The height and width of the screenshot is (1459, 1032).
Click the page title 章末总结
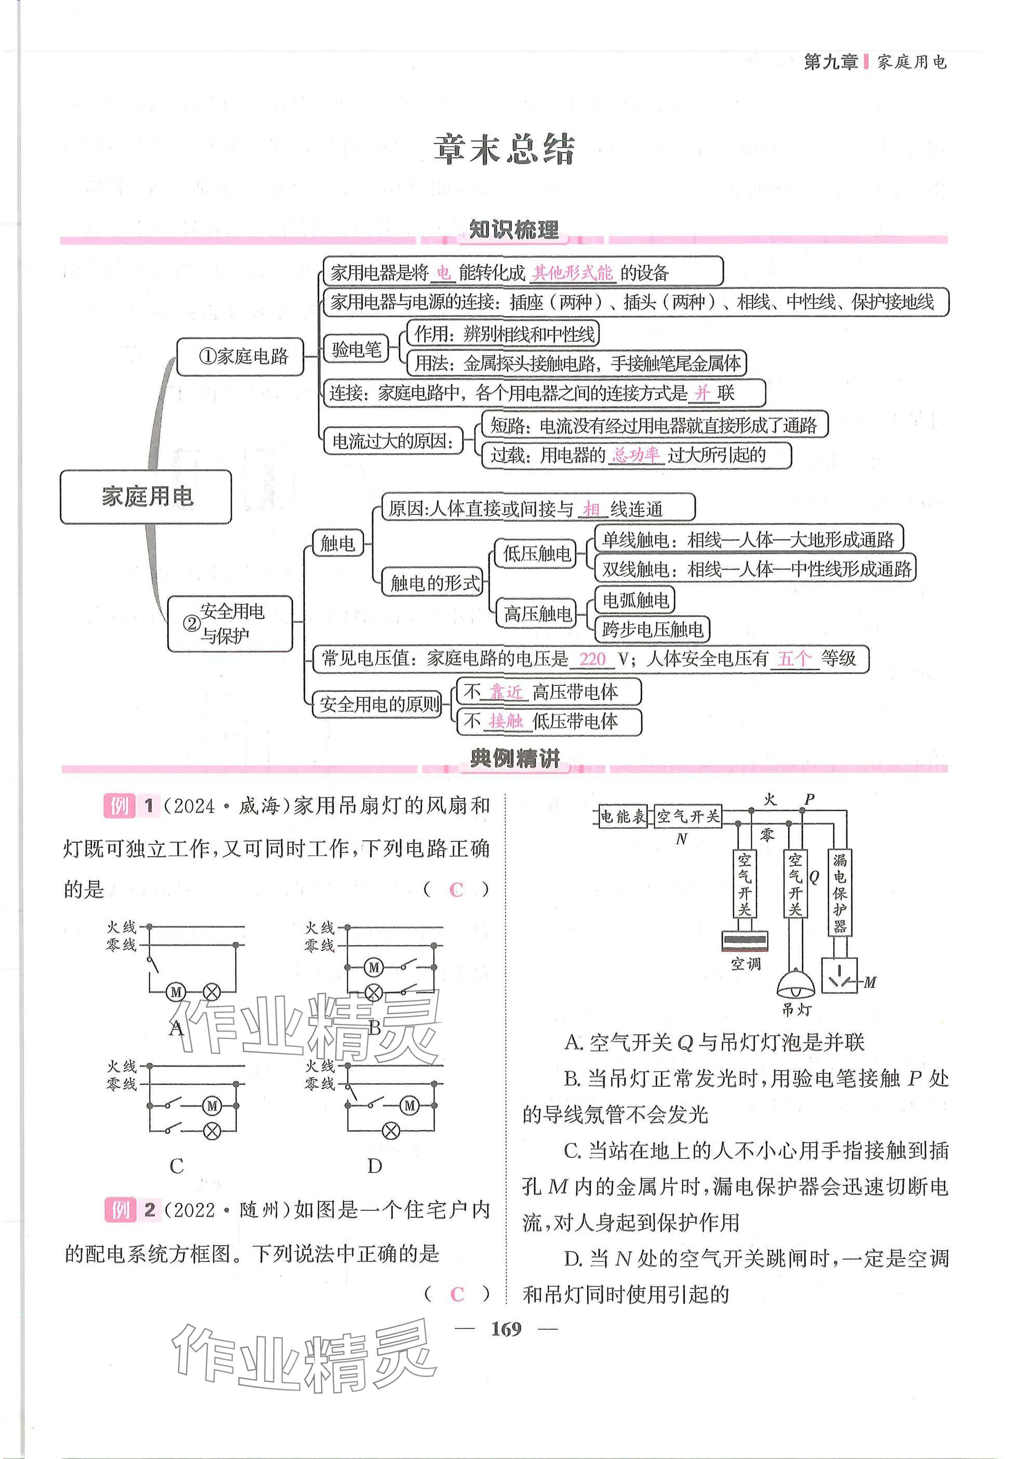pyautogui.click(x=504, y=151)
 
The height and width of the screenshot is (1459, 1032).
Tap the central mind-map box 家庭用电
pyautogui.click(x=145, y=497)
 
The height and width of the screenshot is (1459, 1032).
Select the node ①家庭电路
pyautogui.click(x=241, y=357)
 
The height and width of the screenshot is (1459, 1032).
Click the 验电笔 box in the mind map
pyautogui.click(x=356, y=349)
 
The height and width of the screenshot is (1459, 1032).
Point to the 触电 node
pyautogui.click(x=337, y=543)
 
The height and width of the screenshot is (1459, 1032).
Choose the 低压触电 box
pyautogui.click(x=536, y=553)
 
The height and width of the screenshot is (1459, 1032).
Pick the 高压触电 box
pyautogui.click(x=537, y=614)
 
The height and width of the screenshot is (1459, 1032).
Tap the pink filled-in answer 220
pyautogui.click(x=592, y=659)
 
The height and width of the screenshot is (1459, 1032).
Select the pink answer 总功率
pyautogui.click(x=636, y=455)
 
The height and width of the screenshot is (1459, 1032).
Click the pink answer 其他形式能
pyautogui.click(x=572, y=273)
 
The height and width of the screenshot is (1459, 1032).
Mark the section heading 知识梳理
pyautogui.click(x=514, y=230)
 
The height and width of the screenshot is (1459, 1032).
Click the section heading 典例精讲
pyautogui.click(x=514, y=759)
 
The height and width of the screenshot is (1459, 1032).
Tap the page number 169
pyautogui.click(x=506, y=1329)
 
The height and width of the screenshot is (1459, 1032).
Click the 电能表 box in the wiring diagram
pyautogui.click(x=623, y=817)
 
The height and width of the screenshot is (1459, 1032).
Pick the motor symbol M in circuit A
pyautogui.click(x=176, y=992)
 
